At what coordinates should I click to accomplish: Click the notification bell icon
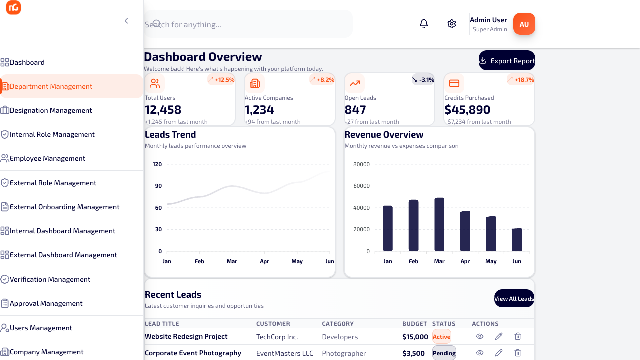[x=423, y=24]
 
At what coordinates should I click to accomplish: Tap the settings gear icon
[x=451, y=24]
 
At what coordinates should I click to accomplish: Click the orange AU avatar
[x=524, y=24]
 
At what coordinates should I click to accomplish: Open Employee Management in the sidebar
[x=47, y=158]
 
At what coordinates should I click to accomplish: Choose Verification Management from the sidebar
[x=50, y=279]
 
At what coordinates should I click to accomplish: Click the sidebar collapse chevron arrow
[x=126, y=21]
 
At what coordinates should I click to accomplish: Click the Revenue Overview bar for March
[x=439, y=224]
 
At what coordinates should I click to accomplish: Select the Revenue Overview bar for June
[x=517, y=240]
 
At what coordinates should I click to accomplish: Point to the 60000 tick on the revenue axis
[x=361, y=186]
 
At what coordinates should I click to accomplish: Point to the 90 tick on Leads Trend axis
[x=158, y=186]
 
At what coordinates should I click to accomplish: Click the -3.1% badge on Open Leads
[x=423, y=80]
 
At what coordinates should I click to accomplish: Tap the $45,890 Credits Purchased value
[x=467, y=110]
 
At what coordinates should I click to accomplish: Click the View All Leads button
[x=514, y=299]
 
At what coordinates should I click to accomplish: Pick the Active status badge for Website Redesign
[x=441, y=337]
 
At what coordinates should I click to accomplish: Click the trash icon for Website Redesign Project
[x=517, y=336]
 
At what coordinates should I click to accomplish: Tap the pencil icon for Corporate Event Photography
[x=499, y=353]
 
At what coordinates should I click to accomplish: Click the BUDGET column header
[x=415, y=323]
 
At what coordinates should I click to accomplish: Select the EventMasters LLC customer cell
[x=285, y=353]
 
